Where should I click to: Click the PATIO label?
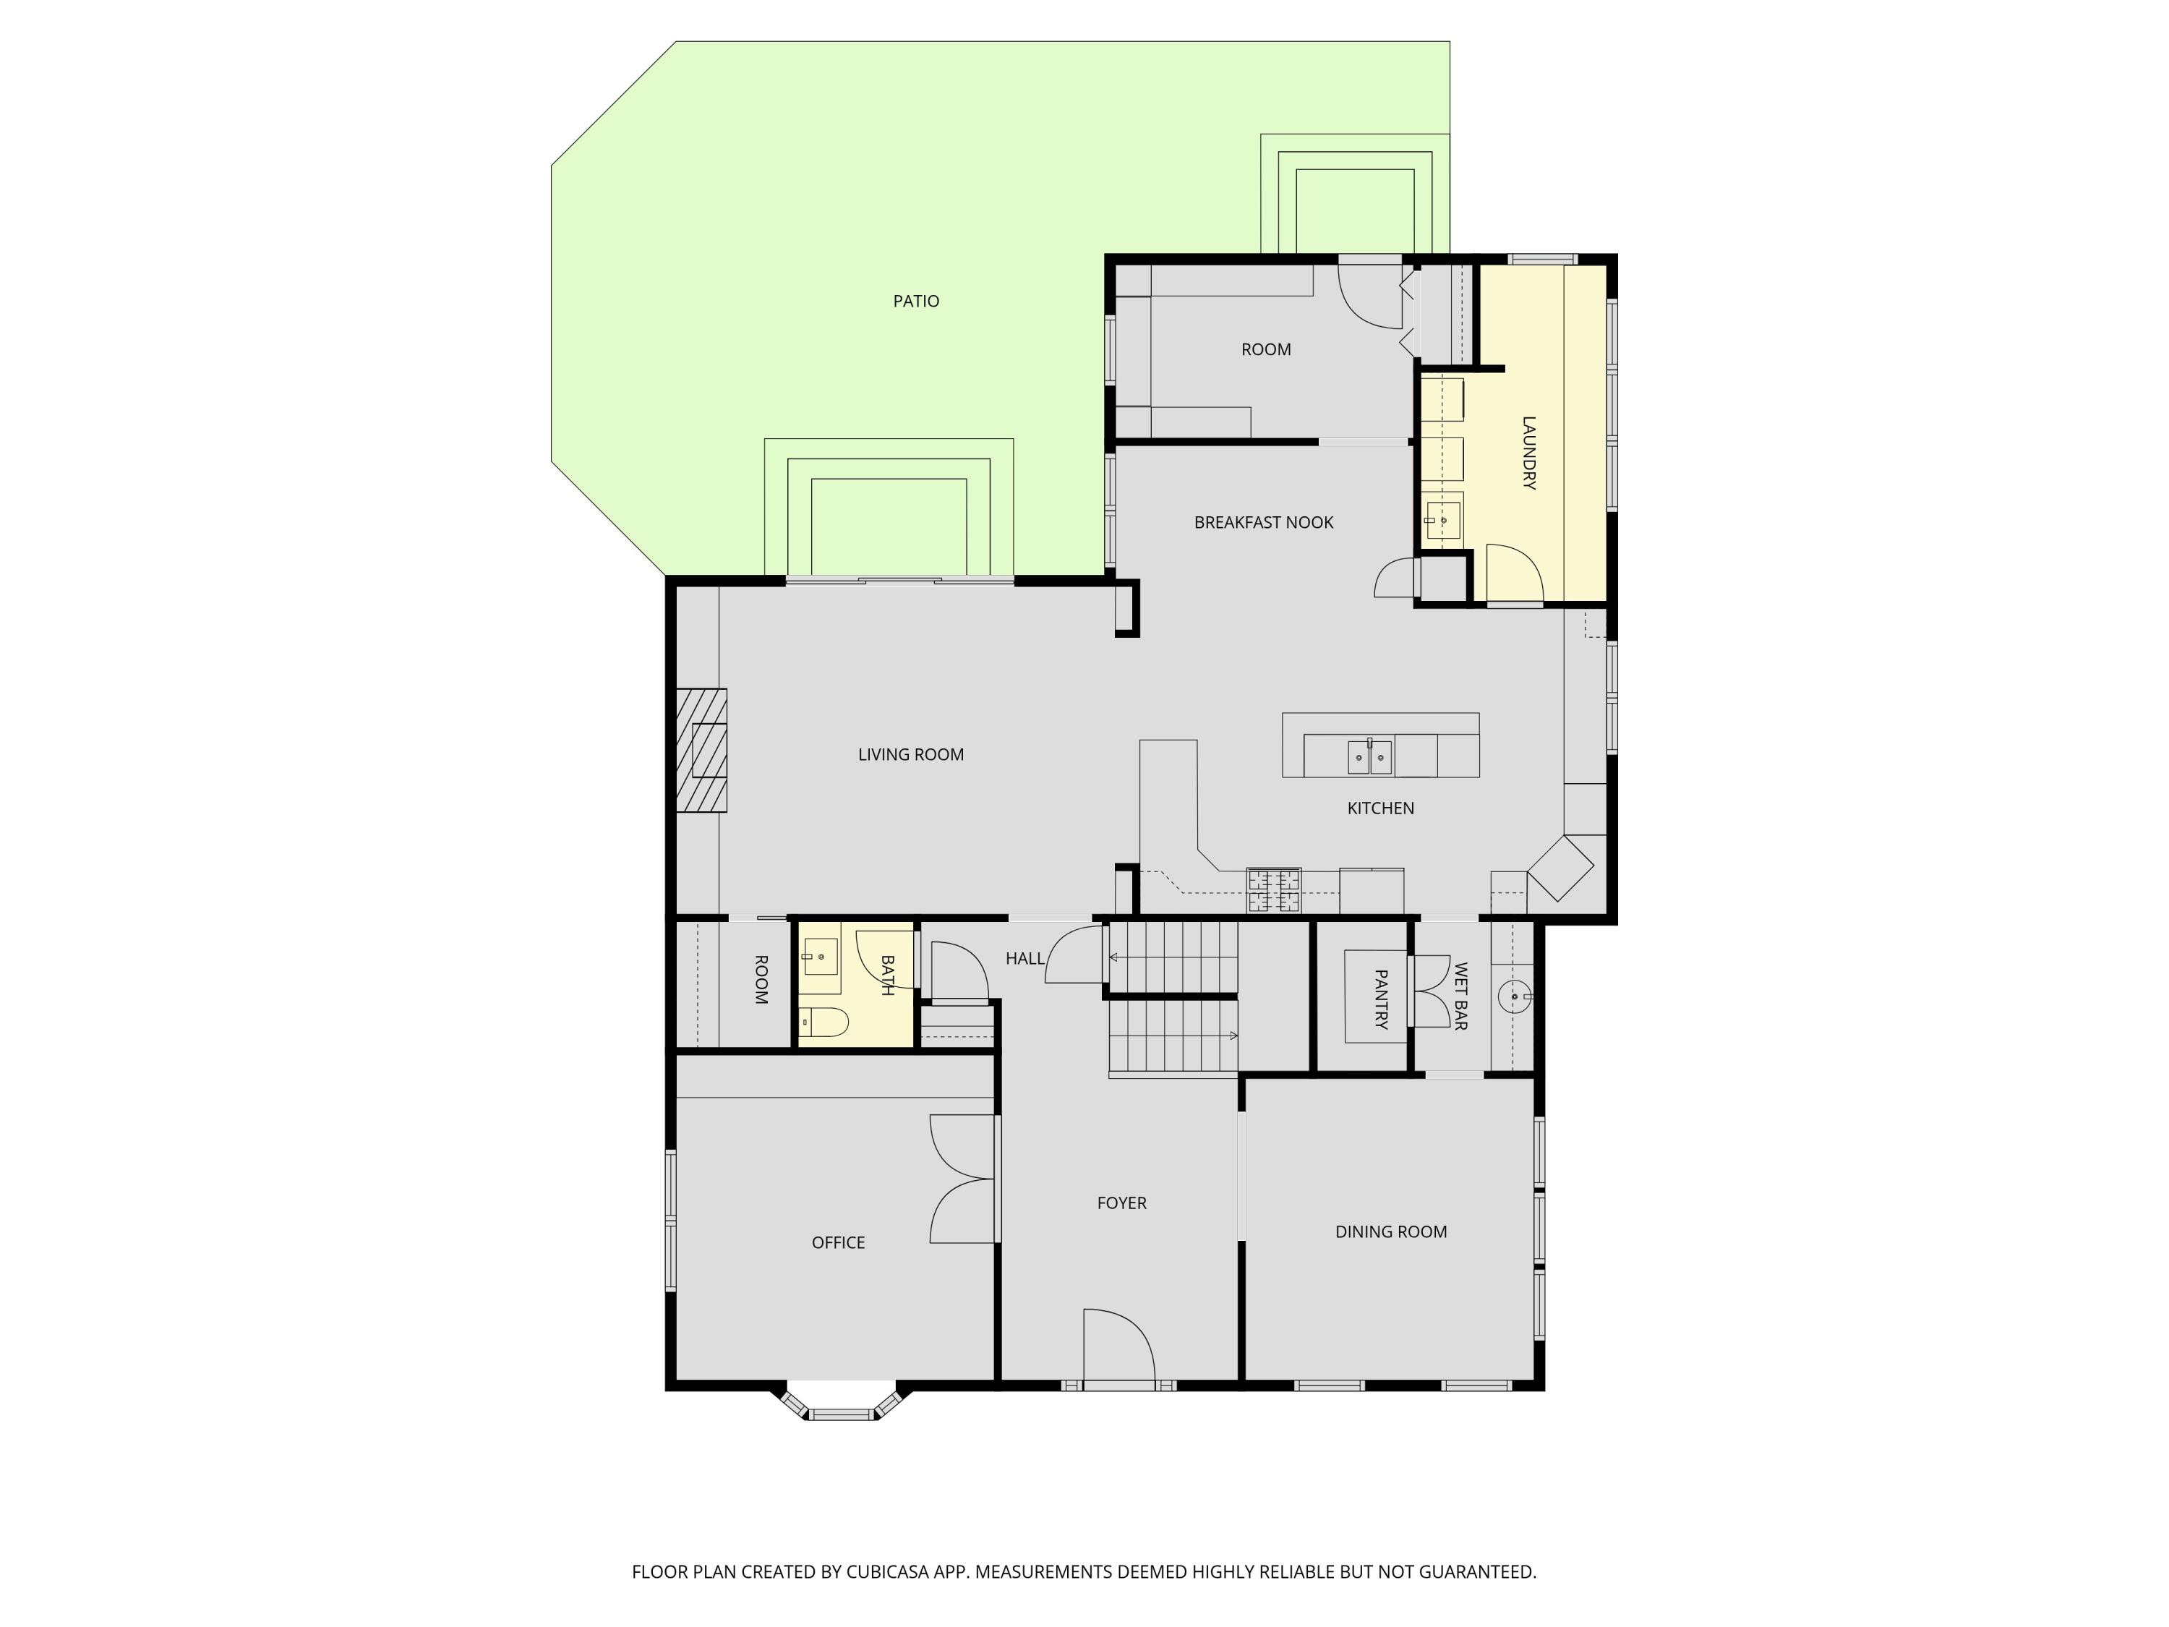[x=916, y=301]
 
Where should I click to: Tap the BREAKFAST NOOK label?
[x=1263, y=523]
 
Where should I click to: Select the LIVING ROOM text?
[x=910, y=754]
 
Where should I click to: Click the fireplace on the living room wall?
[x=702, y=751]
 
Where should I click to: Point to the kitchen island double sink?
[x=1369, y=757]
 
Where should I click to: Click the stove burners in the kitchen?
[x=1272, y=890]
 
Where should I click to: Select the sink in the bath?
[x=820, y=956]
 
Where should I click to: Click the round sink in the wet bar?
[x=1514, y=996]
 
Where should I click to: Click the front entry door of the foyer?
[x=1118, y=1349]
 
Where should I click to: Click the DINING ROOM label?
[x=1390, y=1231]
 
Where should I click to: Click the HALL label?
[x=1024, y=958]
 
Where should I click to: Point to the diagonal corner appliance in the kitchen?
[x=1561, y=868]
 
